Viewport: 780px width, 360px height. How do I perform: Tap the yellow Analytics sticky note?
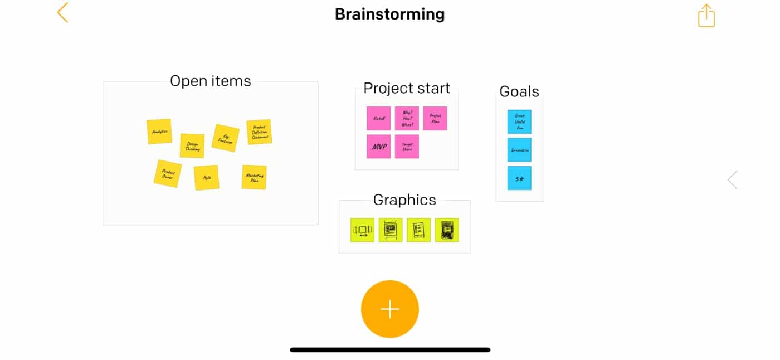pyautogui.click(x=159, y=132)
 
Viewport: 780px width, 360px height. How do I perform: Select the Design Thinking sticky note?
pyautogui.click(x=192, y=145)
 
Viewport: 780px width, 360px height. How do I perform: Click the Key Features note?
pyautogui.click(x=226, y=138)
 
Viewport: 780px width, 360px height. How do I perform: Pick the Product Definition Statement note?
pyautogui.click(x=259, y=132)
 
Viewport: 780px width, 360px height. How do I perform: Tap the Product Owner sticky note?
pyautogui.click(x=168, y=173)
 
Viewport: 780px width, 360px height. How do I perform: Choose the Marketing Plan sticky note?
pyautogui.click(x=254, y=177)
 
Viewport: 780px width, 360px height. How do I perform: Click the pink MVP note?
pyautogui.click(x=379, y=147)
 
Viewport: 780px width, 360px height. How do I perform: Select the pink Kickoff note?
pyautogui.click(x=379, y=118)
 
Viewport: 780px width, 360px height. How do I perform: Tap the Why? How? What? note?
pyautogui.click(x=407, y=118)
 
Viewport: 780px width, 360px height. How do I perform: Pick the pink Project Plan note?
pyautogui.click(x=435, y=118)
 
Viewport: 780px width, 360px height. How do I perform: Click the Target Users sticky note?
pyautogui.click(x=407, y=147)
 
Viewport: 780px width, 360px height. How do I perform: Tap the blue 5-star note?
pyautogui.click(x=519, y=178)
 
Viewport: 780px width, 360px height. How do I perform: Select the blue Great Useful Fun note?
pyautogui.click(x=519, y=121)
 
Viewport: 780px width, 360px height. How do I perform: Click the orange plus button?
pyautogui.click(x=390, y=309)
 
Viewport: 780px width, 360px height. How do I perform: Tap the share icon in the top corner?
pyautogui.click(x=706, y=16)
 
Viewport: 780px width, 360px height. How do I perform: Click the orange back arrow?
pyautogui.click(x=62, y=12)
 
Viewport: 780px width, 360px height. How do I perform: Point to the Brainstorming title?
pyautogui.click(x=389, y=14)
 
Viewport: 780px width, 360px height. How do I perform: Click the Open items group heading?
pyautogui.click(x=211, y=81)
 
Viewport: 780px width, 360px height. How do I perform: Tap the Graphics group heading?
pyautogui.click(x=404, y=200)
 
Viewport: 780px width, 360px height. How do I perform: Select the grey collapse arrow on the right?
pyautogui.click(x=733, y=179)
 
